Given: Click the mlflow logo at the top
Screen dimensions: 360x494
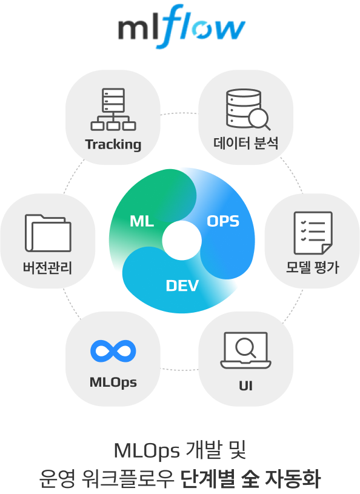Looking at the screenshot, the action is point(181,27).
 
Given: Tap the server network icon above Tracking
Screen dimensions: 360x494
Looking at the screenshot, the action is point(113,109).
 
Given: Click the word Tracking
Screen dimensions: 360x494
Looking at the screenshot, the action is point(113,145).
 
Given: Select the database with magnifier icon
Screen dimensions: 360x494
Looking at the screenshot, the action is point(248,109).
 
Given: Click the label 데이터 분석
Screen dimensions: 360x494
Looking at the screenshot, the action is point(245,143).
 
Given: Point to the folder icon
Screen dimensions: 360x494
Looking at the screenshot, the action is point(48,233).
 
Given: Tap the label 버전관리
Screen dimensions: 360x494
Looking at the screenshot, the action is point(47,267).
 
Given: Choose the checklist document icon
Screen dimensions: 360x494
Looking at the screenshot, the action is point(313,233).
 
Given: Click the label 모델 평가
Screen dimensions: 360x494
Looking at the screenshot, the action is point(313,267).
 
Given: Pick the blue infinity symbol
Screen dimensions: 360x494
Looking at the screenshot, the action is point(113,351).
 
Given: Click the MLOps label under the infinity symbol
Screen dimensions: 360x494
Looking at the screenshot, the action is point(113,382).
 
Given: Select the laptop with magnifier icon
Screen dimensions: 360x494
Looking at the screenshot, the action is point(245,350).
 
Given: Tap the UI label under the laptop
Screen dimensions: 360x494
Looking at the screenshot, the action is point(245,386).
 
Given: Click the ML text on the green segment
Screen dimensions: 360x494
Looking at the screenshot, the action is point(142,221).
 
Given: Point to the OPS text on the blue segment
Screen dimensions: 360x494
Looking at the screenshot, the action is point(223,221).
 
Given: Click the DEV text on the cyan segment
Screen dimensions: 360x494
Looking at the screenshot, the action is point(182,285).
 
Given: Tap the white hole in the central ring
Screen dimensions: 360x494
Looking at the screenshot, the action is point(182,241).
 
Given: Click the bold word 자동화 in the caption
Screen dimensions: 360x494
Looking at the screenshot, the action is point(293,479).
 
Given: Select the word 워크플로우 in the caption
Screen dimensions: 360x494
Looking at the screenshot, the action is point(128,479).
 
